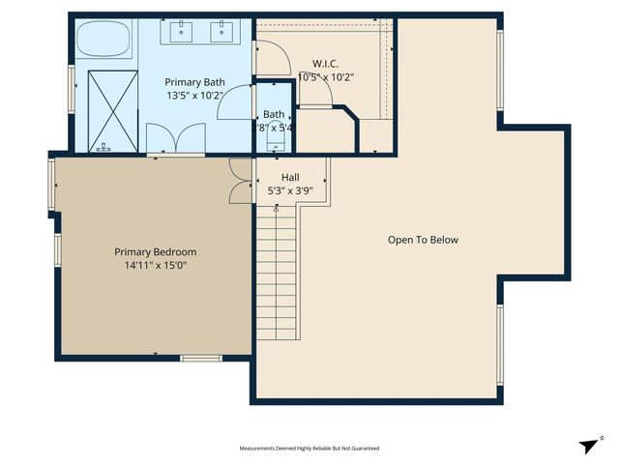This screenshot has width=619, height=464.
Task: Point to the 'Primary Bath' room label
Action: [194, 82]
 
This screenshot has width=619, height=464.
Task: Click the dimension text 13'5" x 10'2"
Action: [194, 96]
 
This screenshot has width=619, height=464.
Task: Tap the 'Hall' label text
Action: [290, 178]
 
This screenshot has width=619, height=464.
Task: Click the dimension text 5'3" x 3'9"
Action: [290, 191]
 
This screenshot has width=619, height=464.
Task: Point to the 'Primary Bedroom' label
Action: [155, 252]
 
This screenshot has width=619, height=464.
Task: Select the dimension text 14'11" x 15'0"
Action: [155, 265]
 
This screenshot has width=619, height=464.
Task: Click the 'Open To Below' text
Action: [423, 240]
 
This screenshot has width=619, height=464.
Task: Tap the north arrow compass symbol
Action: [590, 445]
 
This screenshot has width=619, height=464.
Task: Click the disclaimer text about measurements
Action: [309, 449]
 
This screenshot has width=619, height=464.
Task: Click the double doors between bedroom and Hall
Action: [240, 181]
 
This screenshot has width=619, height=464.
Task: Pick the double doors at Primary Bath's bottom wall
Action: [162, 140]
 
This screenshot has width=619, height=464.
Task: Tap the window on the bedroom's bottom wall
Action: [201, 359]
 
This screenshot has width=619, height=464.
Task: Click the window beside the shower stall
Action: [73, 90]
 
